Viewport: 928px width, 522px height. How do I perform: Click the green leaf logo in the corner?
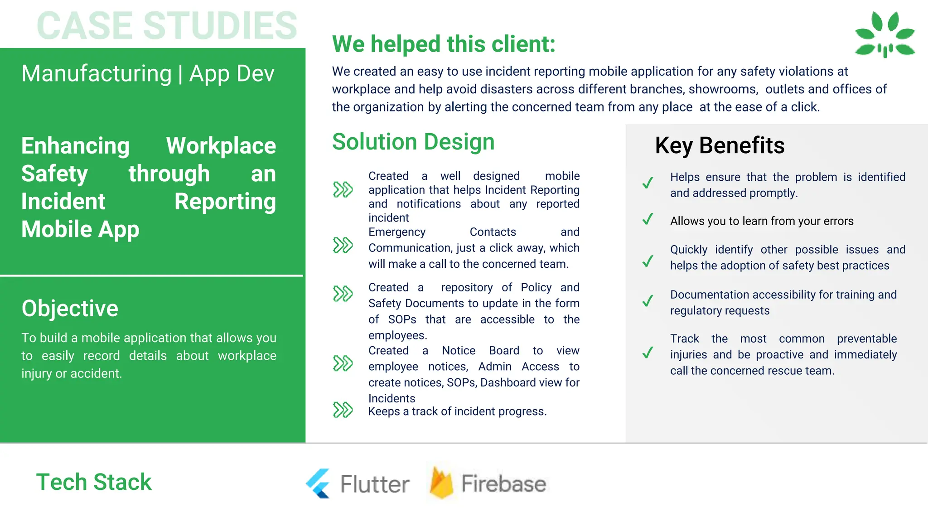click(884, 35)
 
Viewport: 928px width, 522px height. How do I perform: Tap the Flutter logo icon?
click(318, 483)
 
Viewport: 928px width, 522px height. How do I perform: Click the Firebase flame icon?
click(441, 483)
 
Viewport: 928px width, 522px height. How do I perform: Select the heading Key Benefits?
click(719, 145)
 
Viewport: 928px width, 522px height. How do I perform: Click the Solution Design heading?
click(413, 142)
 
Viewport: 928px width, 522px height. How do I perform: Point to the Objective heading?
click(70, 308)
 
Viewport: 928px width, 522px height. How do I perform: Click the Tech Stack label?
click(94, 482)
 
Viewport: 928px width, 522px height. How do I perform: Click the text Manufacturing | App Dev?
click(148, 73)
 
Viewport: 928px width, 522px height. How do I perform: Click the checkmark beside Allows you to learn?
click(648, 220)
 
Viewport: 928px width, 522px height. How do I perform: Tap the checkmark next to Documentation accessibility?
click(648, 301)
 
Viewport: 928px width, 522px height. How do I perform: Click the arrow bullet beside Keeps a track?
click(343, 410)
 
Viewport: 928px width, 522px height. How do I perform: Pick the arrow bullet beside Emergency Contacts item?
click(343, 245)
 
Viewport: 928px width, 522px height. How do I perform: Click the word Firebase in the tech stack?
click(503, 483)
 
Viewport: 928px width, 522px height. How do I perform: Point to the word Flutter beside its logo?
click(375, 484)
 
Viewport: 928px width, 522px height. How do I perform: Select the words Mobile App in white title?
click(80, 229)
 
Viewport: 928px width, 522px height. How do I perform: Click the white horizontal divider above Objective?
click(151, 275)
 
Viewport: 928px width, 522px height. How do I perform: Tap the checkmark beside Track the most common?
click(648, 353)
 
